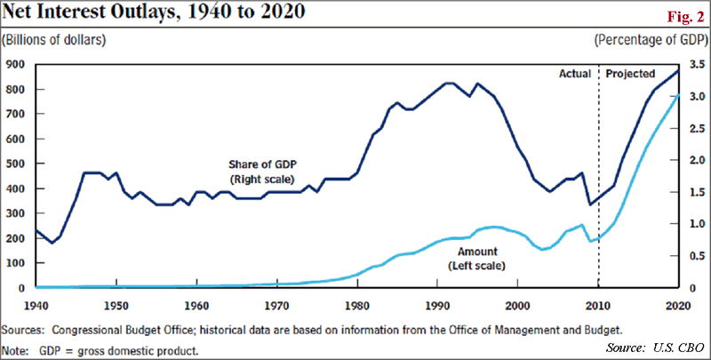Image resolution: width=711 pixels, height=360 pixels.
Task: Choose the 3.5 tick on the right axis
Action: (695, 65)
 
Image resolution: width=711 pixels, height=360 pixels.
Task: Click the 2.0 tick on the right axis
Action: (695, 161)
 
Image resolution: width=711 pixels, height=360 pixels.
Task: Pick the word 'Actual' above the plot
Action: (575, 74)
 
